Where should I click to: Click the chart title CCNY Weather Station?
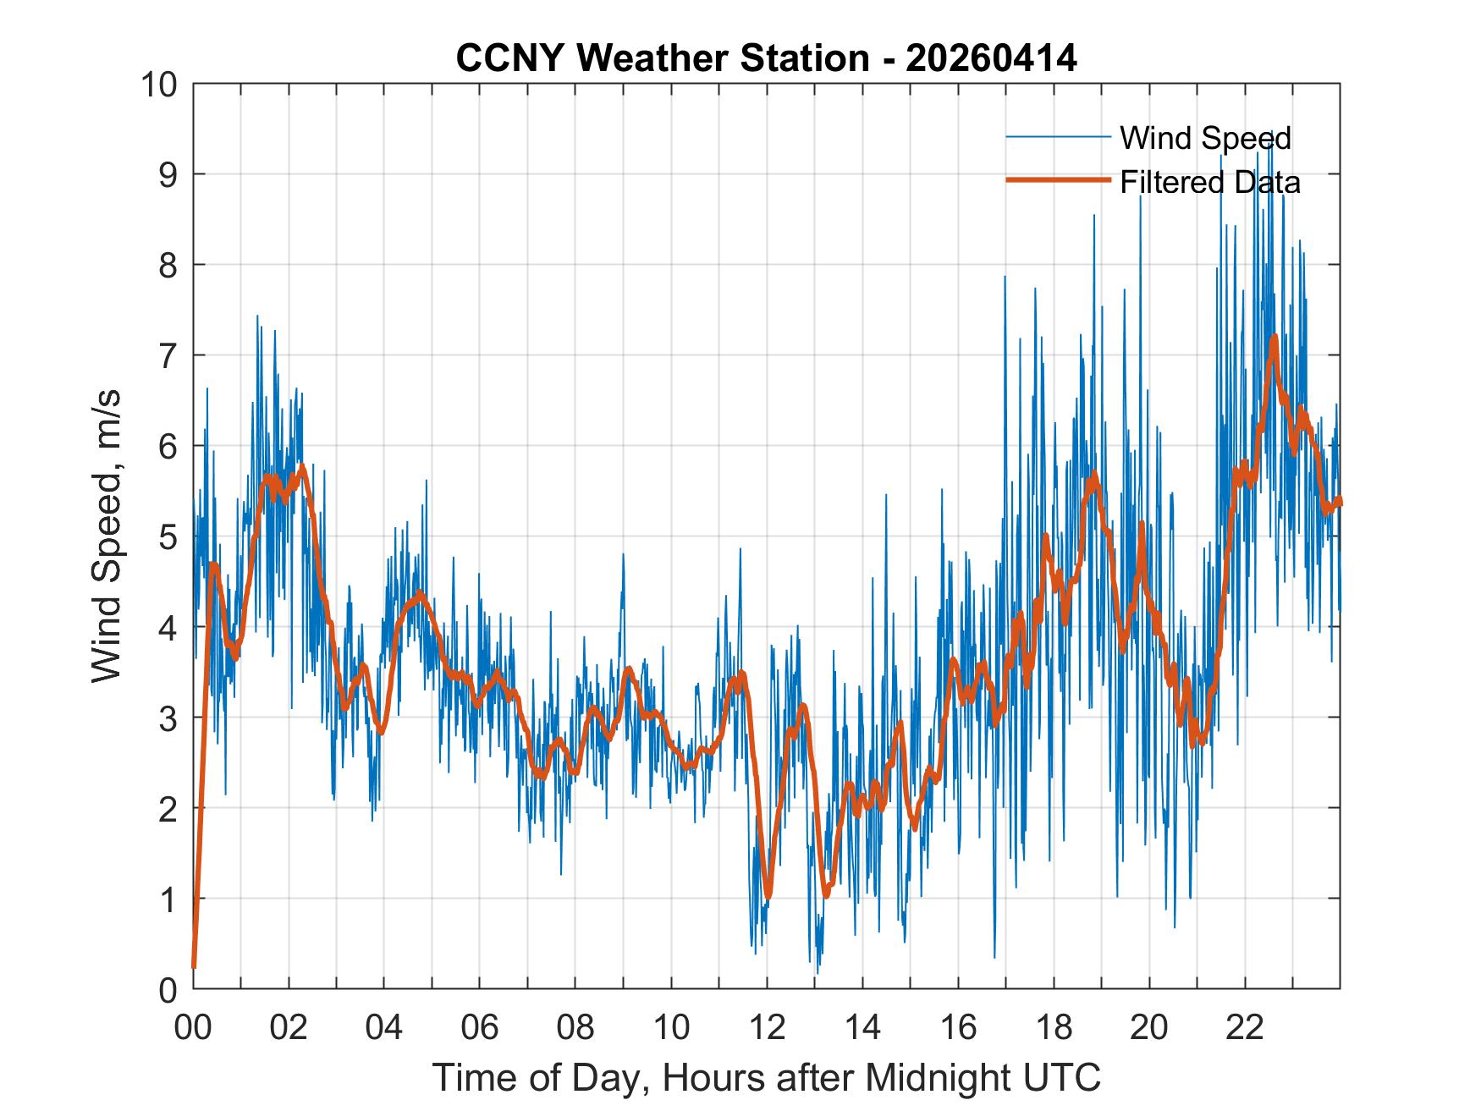(x=662, y=58)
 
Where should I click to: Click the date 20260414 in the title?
(x=991, y=58)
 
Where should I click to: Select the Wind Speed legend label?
(x=1205, y=138)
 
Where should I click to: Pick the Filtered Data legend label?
(x=1210, y=182)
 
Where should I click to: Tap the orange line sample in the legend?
(x=1058, y=180)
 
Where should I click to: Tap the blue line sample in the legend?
(x=1058, y=136)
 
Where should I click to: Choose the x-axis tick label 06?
(x=480, y=1027)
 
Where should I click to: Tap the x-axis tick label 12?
(x=767, y=1027)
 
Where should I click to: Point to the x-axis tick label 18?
(x=1054, y=1027)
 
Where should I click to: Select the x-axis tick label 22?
(x=1246, y=1027)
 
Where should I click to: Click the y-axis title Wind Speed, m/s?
(x=107, y=536)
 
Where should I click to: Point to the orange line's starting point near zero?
(x=194, y=965)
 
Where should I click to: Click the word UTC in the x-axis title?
(x=1062, y=1077)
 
